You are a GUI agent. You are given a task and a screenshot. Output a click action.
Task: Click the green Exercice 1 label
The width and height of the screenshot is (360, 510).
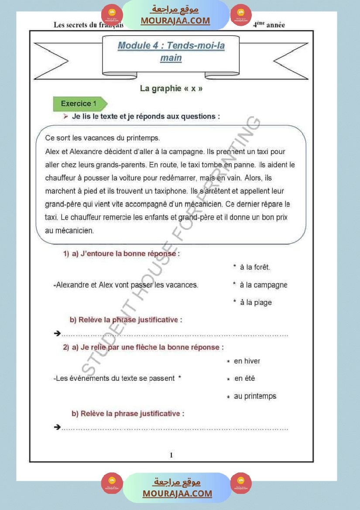tap(79, 104)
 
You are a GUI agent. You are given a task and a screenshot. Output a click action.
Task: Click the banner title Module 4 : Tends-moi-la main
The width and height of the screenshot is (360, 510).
tap(171, 51)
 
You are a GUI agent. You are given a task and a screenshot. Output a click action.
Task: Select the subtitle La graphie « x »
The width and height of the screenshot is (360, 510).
tap(171, 89)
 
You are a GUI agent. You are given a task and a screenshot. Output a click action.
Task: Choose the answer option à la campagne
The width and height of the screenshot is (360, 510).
tap(263, 285)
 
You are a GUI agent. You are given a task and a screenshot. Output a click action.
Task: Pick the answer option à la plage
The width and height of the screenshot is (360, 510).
tap(256, 302)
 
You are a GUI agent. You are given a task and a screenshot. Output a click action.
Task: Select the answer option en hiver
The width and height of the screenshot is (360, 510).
tap(247, 361)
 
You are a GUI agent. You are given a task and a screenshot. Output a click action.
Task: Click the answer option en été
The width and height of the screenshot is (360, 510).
tap(244, 379)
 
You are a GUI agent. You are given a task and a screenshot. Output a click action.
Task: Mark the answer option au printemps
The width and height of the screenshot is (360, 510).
tap(255, 396)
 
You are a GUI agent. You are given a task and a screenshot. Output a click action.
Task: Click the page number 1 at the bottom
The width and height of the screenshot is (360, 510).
tap(171, 455)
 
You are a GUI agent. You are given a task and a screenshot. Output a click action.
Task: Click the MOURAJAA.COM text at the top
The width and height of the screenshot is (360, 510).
tap(175, 21)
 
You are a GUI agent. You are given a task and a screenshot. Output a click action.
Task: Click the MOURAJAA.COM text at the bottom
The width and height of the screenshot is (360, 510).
tap(177, 493)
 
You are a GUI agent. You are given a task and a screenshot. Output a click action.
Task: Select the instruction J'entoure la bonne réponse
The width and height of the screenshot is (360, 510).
tap(130, 254)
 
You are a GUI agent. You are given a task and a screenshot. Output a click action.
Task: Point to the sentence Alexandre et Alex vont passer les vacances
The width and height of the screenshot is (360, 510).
tap(127, 285)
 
